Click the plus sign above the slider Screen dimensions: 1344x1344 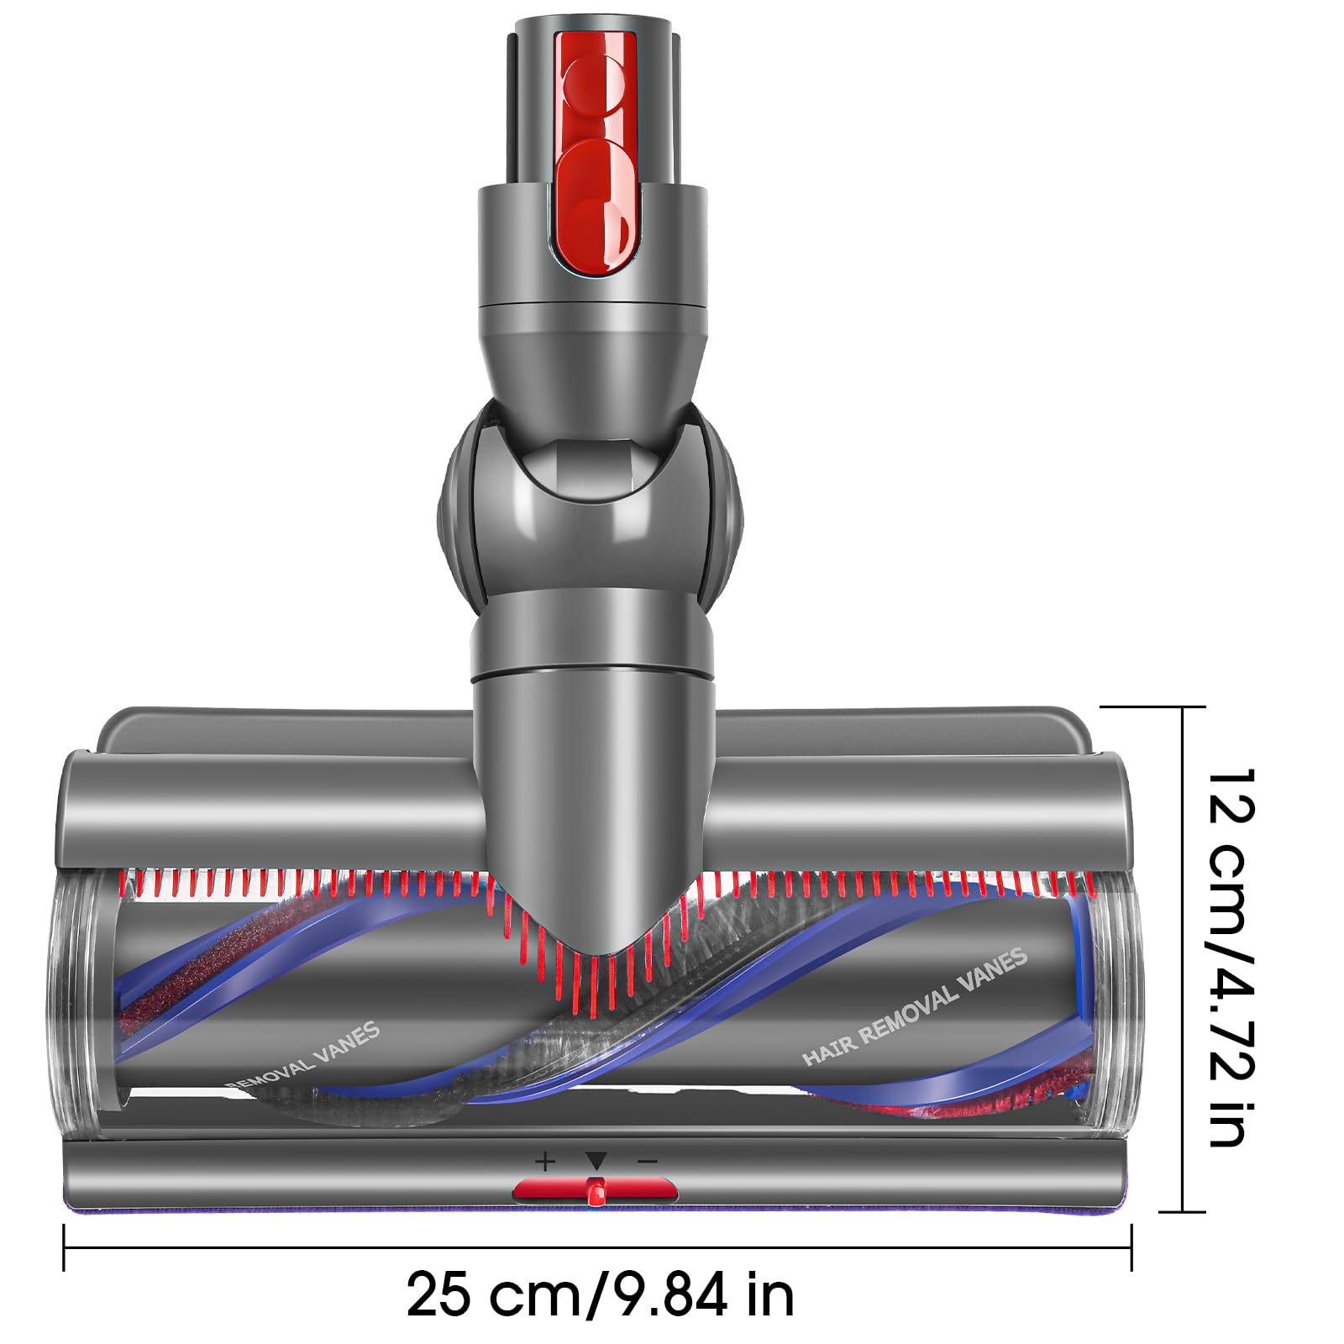tap(545, 1162)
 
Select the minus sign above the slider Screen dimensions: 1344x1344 tap(647, 1162)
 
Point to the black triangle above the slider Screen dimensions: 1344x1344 tap(596, 1162)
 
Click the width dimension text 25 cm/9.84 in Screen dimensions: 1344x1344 tap(600, 1294)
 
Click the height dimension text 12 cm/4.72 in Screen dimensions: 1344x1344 tap(1231, 958)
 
